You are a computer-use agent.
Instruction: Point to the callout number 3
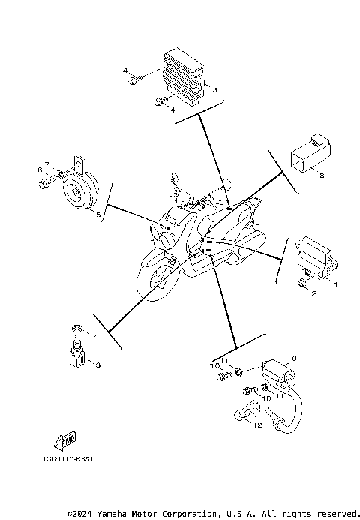pyautogui.click(x=214, y=90)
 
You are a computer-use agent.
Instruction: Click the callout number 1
pyautogui.click(x=335, y=284)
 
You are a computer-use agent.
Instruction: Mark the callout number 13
pyautogui.click(x=96, y=365)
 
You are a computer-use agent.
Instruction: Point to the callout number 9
pyautogui.click(x=295, y=358)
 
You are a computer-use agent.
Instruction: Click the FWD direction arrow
pyautogui.click(x=65, y=439)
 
